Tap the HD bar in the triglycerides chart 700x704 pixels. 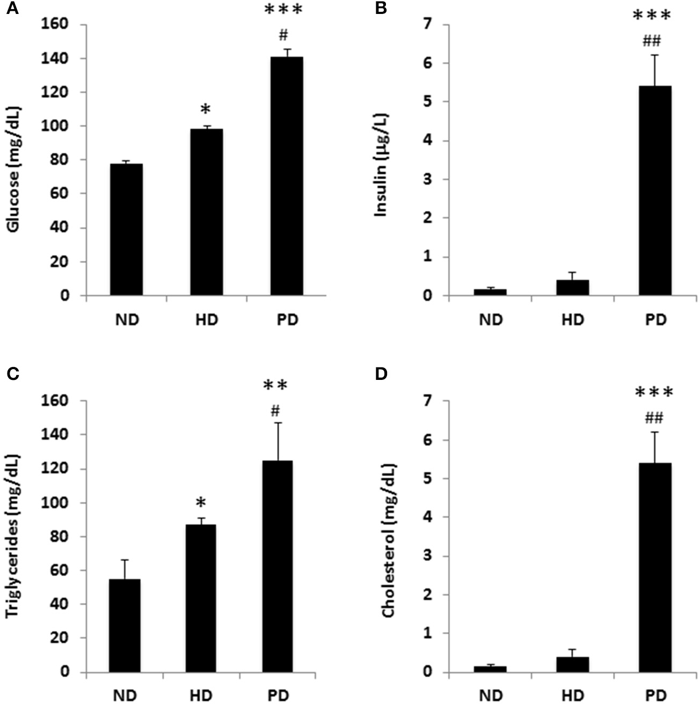pos(200,598)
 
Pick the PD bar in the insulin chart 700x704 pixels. pos(655,190)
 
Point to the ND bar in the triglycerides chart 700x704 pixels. pos(125,625)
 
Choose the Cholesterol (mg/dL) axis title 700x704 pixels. pos(388,537)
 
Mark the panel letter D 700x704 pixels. pos(381,373)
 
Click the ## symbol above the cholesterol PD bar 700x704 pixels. pos(654,417)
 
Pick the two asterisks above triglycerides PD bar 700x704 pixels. pos(275,386)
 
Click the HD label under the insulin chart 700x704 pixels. pos(573,320)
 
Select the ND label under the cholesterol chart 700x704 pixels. pos(491,696)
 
